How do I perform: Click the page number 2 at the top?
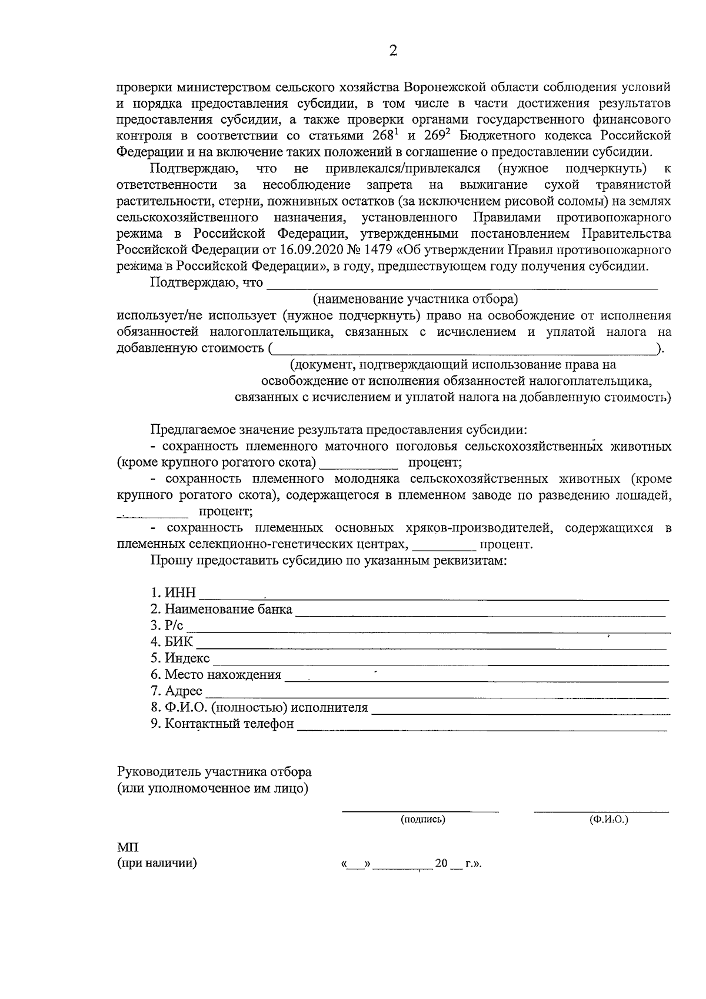[394, 51]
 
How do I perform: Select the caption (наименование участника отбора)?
[415, 299]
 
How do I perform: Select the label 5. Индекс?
[180, 658]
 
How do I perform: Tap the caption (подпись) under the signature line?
[422, 819]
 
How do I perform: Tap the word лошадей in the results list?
[645, 495]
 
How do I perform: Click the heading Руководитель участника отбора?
[214, 772]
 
